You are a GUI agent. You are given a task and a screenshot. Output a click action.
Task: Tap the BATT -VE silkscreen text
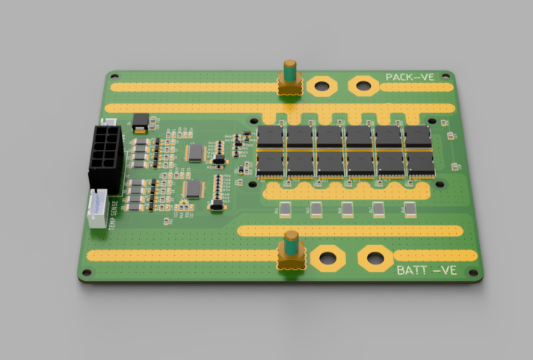(x=427, y=270)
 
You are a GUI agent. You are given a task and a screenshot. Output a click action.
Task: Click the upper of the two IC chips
(x=195, y=153)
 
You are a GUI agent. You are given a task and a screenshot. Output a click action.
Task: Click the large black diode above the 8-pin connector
(x=140, y=120)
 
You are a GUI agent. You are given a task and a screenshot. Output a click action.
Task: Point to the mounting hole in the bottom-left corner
(x=86, y=276)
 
